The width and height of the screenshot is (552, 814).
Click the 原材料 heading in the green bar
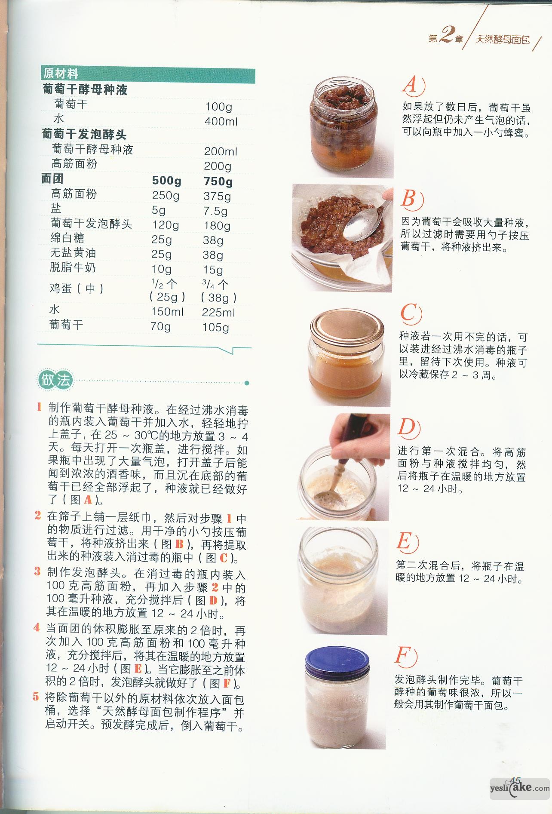click(x=61, y=74)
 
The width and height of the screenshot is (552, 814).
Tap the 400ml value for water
click(x=221, y=121)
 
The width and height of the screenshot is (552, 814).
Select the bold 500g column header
click(x=167, y=181)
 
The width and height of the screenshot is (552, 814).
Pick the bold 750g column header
click(x=218, y=181)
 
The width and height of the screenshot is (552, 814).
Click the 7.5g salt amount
click(x=215, y=211)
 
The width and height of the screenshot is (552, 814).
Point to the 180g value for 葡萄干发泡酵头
click(x=217, y=225)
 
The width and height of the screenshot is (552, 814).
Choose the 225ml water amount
click(x=218, y=312)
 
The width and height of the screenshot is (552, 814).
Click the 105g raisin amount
click(x=216, y=327)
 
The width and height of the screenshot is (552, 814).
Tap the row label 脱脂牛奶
click(x=73, y=267)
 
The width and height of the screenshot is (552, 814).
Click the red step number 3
click(x=37, y=571)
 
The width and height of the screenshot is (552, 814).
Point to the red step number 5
click(x=36, y=696)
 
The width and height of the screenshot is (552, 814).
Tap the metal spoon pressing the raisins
click(x=361, y=223)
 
